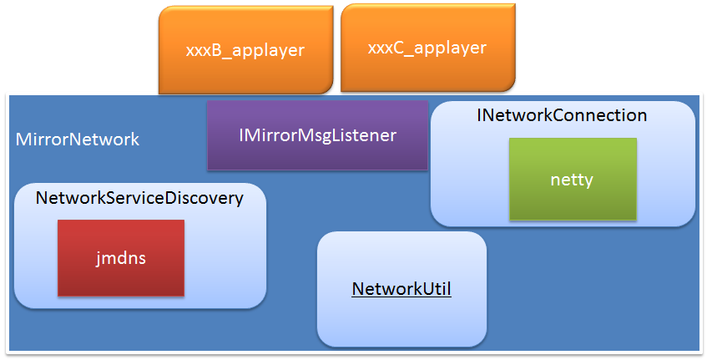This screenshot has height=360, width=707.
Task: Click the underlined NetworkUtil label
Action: click(x=401, y=289)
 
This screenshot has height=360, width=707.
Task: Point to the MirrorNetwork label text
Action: click(x=78, y=139)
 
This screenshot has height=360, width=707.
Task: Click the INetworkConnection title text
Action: click(x=562, y=115)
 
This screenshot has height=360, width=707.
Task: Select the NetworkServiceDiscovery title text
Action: click(x=139, y=198)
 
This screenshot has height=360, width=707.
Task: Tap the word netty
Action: click(x=572, y=180)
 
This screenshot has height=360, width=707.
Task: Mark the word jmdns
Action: click(x=121, y=258)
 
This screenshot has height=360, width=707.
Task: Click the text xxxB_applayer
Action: click(x=245, y=50)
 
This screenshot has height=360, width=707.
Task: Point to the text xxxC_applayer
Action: click(x=427, y=48)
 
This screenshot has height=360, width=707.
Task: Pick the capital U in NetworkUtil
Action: click(x=426, y=289)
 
